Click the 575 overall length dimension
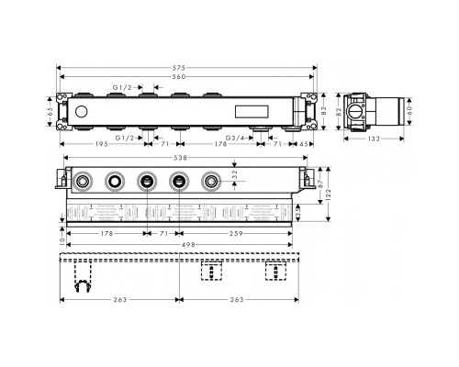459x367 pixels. click(x=185, y=68)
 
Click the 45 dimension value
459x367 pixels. click(x=304, y=145)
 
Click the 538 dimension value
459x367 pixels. click(x=185, y=157)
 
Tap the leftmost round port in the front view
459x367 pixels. click(x=84, y=182)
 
